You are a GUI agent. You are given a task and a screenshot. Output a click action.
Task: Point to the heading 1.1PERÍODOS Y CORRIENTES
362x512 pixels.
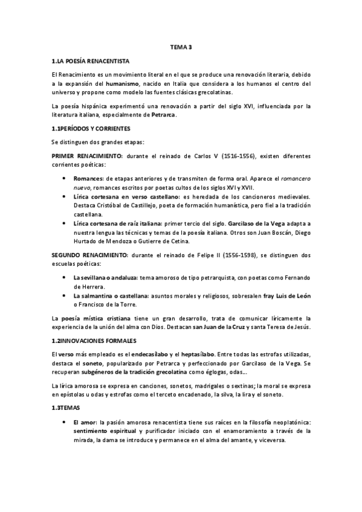point(91,129)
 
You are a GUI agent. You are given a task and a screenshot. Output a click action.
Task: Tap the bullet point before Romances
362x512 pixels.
point(65,179)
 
